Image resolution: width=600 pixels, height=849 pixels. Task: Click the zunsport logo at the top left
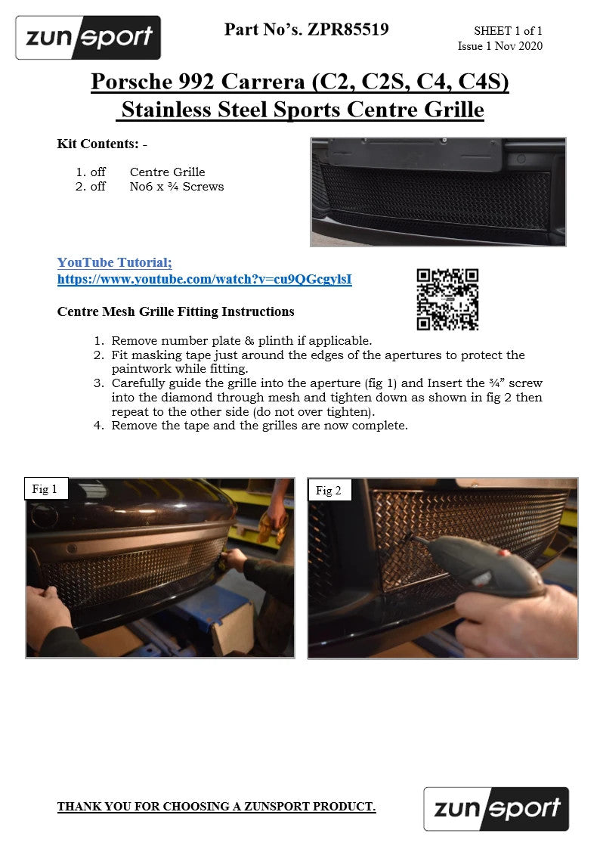(88, 37)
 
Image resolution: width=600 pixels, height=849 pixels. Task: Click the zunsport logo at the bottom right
(496, 808)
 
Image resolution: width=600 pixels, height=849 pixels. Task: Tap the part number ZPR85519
(348, 29)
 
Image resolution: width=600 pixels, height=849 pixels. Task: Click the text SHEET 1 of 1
(508, 31)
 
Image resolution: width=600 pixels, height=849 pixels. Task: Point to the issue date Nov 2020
(518, 46)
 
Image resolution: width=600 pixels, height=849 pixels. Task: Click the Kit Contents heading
(98, 144)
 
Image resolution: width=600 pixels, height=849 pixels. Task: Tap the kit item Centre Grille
(167, 172)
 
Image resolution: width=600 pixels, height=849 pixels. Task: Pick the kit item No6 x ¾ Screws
(176, 187)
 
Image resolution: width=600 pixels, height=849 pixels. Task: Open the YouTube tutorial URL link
(205, 280)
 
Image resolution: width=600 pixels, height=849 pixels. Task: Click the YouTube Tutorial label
(115, 262)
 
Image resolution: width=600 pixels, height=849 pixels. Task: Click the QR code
(447, 299)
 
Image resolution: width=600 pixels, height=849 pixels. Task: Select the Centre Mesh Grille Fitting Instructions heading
(176, 312)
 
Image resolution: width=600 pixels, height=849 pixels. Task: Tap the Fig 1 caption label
(45, 489)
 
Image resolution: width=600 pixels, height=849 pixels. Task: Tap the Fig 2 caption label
(329, 491)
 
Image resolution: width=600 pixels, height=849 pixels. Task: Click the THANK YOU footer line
(216, 807)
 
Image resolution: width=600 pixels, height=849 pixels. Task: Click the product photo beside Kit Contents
(438, 192)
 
